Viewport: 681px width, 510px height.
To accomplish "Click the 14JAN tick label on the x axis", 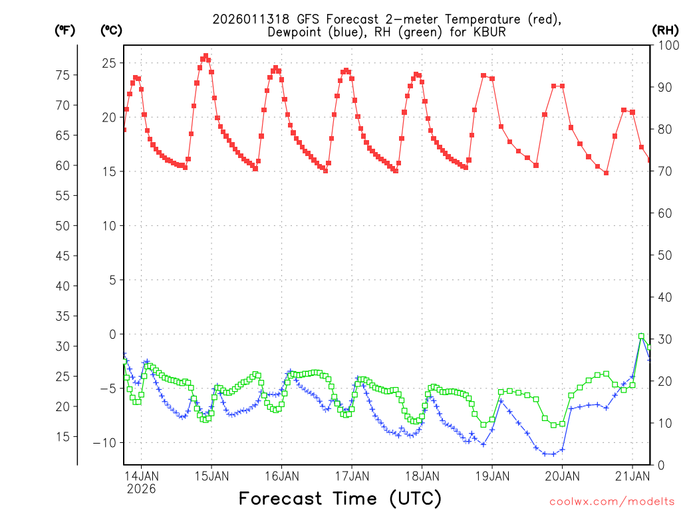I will coord(141,476).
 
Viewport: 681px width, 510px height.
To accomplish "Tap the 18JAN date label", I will coord(421,476).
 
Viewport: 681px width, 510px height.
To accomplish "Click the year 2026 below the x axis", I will coord(141,489).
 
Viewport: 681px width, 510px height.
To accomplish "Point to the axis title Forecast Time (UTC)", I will coord(340,498).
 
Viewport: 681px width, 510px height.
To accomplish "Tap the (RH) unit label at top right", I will coord(665,30).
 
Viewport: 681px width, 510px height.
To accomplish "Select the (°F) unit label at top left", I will coord(65,30).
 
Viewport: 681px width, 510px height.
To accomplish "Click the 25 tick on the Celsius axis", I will coord(109,63).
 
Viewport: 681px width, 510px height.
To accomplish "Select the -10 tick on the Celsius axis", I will coord(106,443).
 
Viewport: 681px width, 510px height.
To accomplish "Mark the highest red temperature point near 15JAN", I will coord(205,56).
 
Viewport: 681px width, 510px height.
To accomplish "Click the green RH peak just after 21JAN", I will coord(641,336).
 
